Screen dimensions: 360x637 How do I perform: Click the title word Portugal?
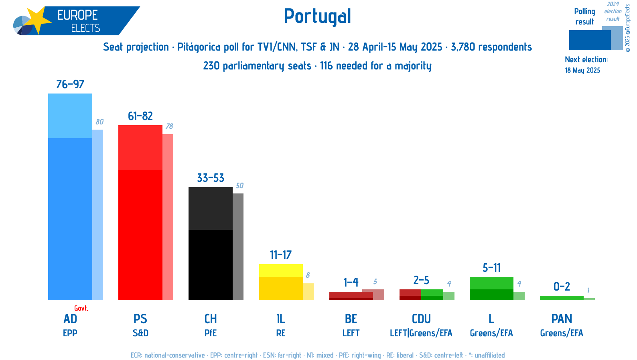pos(317,16)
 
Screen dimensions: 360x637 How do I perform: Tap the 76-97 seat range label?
pos(70,84)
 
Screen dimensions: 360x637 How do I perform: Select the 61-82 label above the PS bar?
pos(140,116)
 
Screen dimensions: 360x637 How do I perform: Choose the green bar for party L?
pos(491,289)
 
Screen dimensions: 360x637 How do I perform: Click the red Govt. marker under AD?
pos(81,308)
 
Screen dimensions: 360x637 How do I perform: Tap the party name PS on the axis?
pos(140,319)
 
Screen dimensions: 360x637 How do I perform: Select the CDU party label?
pos(421,319)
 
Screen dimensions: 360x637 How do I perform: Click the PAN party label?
pos(562,319)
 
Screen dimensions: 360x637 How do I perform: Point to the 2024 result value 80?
pos(99,122)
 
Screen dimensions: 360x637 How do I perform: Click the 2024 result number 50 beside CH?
pos(239,185)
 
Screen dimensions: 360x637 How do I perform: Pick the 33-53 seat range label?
pos(211,178)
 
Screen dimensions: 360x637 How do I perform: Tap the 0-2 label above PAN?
pos(562,287)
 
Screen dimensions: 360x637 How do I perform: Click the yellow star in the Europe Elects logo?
pos(37,20)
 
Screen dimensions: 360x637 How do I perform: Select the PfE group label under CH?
pos(211,333)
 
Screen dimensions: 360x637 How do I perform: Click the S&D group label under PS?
pos(140,333)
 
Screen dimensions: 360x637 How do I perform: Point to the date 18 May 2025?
pos(582,70)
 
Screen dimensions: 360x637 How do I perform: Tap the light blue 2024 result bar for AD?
pos(98,215)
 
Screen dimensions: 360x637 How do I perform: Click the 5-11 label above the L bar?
pos(491,268)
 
